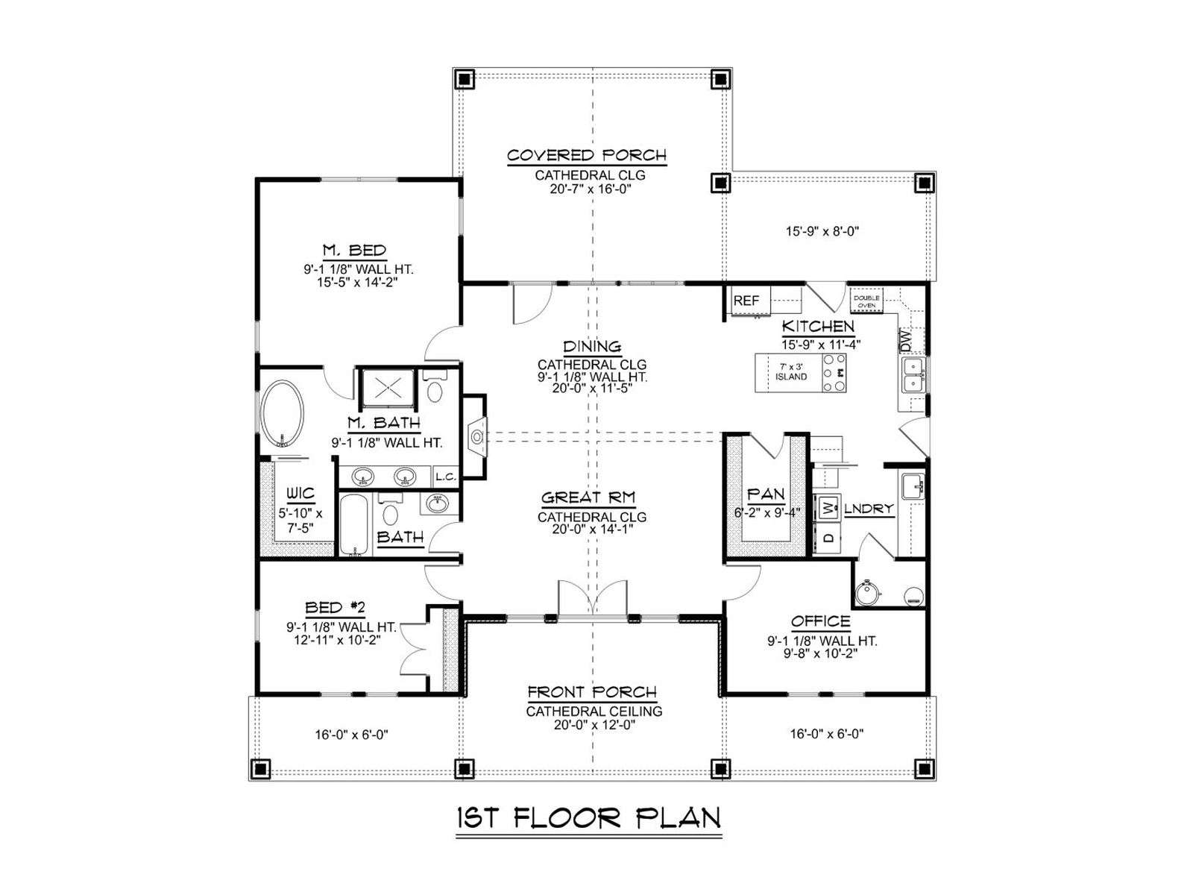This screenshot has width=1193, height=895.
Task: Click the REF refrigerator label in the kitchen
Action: tap(746, 301)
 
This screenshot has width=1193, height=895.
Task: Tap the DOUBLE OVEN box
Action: tap(866, 301)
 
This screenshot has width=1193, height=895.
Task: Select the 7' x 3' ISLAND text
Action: tap(791, 371)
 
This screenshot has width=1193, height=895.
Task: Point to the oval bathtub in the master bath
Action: tap(282, 414)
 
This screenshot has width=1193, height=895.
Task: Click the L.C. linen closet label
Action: tap(446, 477)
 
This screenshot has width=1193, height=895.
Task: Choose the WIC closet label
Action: tap(300, 493)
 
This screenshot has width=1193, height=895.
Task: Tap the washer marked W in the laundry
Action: tap(827, 509)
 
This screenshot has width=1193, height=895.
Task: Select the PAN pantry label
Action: tap(766, 494)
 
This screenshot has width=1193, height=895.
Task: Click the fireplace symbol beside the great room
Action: tap(477, 436)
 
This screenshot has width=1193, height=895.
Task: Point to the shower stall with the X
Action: tap(388, 387)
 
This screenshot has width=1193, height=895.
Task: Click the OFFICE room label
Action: tap(821, 621)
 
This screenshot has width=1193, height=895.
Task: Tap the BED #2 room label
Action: tap(335, 608)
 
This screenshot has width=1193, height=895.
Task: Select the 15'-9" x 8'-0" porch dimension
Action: tap(822, 231)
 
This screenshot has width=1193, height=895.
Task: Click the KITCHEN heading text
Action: tap(818, 326)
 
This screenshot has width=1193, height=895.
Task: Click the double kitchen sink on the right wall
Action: tap(913, 375)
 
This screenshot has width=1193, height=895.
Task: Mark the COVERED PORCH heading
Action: tap(587, 155)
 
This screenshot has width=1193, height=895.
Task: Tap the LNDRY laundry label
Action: tap(869, 509)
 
